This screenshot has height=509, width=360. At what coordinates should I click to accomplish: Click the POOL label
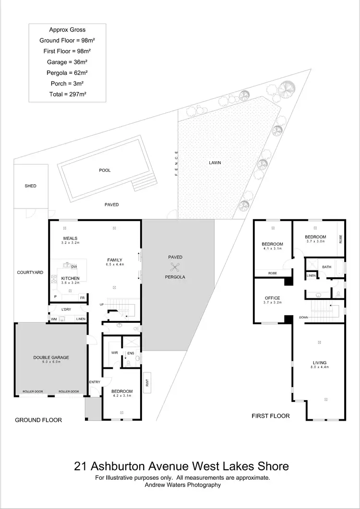[x=105, y=170]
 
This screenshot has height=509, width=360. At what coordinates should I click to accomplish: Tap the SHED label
[x=30, y=186]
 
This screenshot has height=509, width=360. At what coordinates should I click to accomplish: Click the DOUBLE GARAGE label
[x=51, y=357]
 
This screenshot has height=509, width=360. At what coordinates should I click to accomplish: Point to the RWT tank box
[x=147, y=383]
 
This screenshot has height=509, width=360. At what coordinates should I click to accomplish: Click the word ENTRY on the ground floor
[x=95, y=382]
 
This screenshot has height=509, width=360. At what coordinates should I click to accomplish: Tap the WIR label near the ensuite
[x=114, y=353]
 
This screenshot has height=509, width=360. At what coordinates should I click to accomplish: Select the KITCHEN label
[x=70, y=278]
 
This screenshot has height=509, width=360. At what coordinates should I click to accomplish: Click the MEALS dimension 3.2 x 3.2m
[x=70, y=244]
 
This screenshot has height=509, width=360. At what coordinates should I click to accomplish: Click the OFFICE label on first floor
[x=272, y=298]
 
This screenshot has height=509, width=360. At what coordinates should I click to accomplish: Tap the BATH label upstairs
[x=327, y=267]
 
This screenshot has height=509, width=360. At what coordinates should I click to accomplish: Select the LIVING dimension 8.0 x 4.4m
[x=319, y=367]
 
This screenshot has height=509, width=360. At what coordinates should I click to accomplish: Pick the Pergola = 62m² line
[x=67, y=72]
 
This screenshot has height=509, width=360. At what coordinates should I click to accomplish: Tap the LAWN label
[x=215, y=163]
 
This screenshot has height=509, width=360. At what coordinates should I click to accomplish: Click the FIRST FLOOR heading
[x=271, y=416]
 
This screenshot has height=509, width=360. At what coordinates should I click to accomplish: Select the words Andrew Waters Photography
[x=182, y=485]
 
